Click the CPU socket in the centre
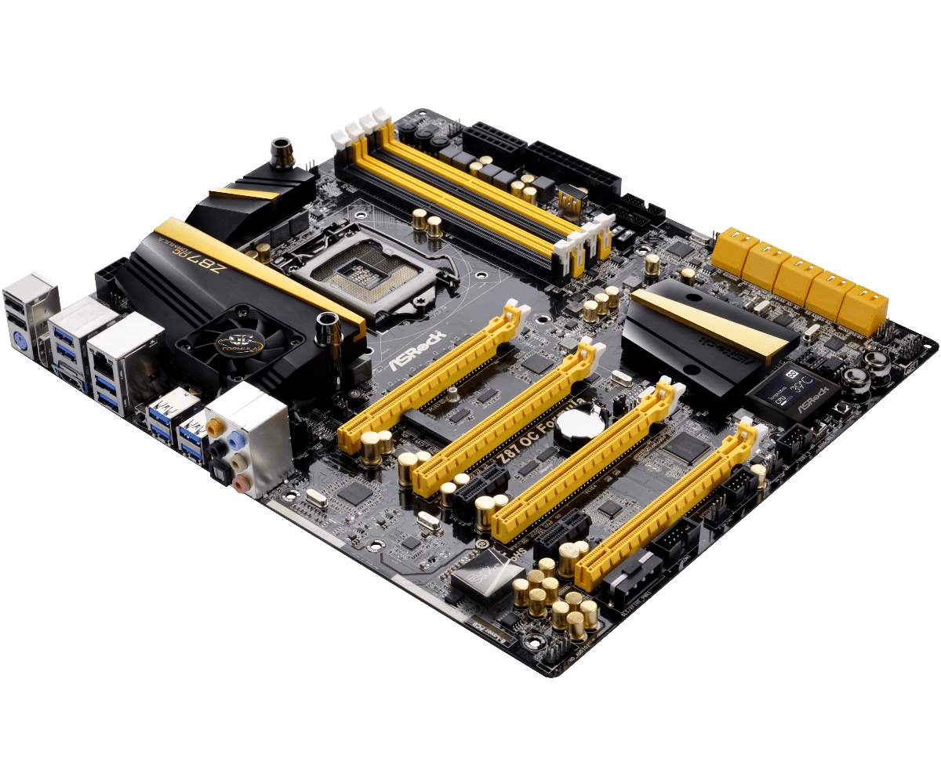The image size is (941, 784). [x=362, y=272]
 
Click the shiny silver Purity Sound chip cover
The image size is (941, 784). [x=480, y=566]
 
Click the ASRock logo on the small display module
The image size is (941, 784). [x=816, y=407]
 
